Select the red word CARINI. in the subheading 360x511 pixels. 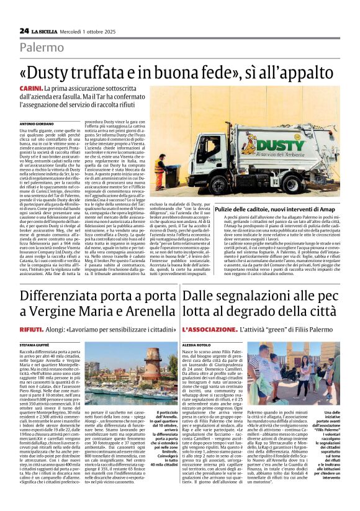(31, 89)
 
